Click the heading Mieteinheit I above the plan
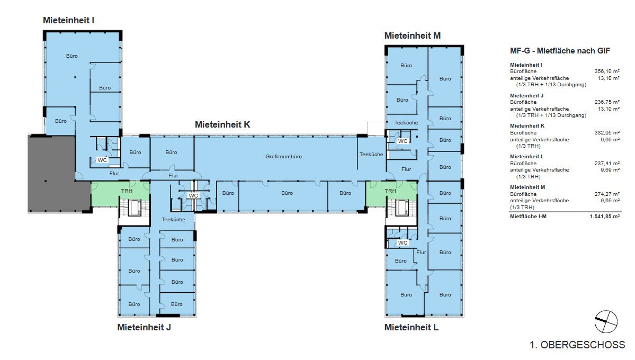(x=68, y=20)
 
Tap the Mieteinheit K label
(x=222, y=125)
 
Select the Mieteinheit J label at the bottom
(x=144, y=327)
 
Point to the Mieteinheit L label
(x=412, y=327)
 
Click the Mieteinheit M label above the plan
(x=412, y=35)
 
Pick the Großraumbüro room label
(x=283, y=157)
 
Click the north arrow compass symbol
(x=606, y=322)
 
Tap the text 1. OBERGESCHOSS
(x=577, y=345)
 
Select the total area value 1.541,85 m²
(x=605, y=217)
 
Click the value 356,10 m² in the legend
(x=607, y=71)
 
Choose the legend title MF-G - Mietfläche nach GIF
(x=560, y=51)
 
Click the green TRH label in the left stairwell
(x=127, y=191)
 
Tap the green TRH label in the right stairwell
(x=390, y=191)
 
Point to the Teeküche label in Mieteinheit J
(x=173, y=220)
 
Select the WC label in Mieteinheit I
(x=102, y=160)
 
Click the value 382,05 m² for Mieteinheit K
(x=607, y=133)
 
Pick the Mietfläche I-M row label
(x=528, y=217)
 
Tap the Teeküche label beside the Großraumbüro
(x=371, y=154)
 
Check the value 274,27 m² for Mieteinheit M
(x=607, y=194)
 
